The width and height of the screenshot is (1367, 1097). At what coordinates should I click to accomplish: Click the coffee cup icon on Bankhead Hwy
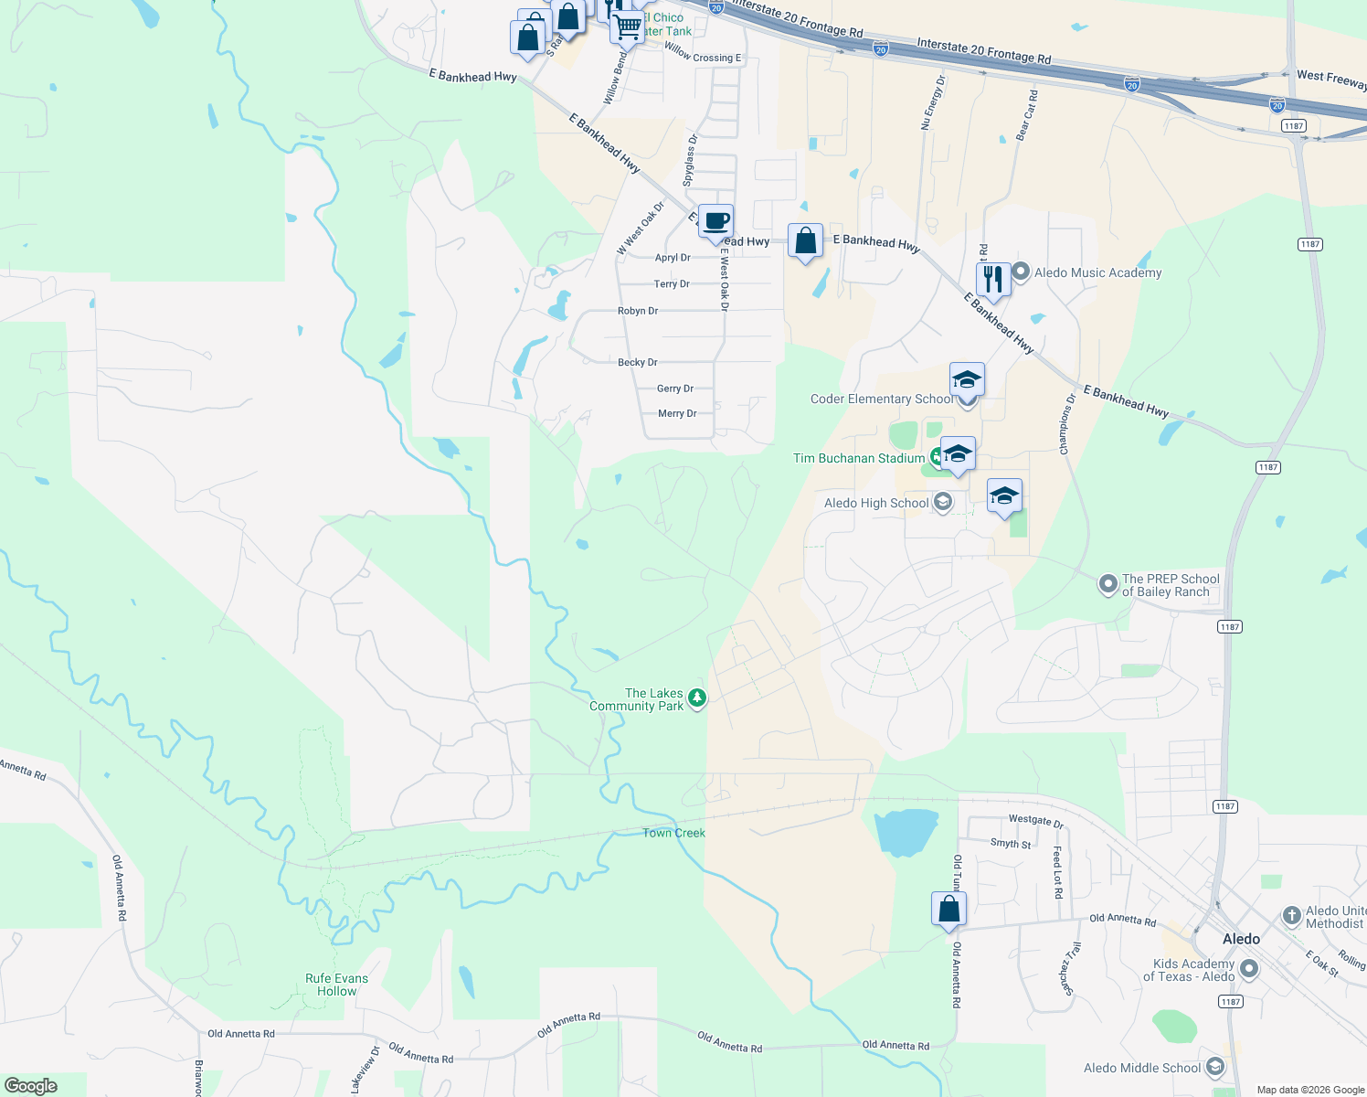click(716, 222)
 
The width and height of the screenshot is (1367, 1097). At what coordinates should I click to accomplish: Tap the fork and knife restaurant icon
click(993, 279)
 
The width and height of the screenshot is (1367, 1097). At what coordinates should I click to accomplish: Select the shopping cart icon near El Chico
click(627, 27)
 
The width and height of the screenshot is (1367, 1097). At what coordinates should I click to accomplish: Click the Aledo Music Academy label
click(1097, 272)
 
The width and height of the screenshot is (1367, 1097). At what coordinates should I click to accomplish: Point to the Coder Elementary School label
click(881, 399)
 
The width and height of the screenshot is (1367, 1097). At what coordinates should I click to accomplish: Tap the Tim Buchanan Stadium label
click(858, 458)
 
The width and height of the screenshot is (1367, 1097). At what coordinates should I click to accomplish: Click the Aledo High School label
click(875, 503)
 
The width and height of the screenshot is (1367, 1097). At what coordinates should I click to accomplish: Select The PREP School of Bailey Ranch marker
click(1108, 583)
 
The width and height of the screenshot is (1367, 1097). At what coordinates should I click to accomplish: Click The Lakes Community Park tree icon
click(697, 699)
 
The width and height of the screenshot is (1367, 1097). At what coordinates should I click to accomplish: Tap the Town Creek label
click(673, 833)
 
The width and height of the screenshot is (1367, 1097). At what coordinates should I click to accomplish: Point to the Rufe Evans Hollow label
click(337, 985)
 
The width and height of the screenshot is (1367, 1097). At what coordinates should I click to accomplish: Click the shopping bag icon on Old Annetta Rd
click(948, 909)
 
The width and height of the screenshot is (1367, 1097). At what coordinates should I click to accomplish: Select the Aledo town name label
click(1241, 939)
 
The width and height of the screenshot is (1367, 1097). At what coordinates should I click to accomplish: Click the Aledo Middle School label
click(1141, 1068)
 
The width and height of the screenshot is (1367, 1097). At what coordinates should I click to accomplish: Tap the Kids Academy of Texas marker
click(1249, 969)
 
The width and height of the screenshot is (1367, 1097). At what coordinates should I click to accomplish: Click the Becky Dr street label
click(637, 363)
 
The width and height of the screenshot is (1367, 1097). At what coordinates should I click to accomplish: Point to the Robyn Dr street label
click(637, 311)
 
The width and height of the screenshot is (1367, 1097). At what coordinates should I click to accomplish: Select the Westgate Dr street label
click(1035, 821)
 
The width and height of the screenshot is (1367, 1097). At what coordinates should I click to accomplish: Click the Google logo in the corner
click(31, 1085)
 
